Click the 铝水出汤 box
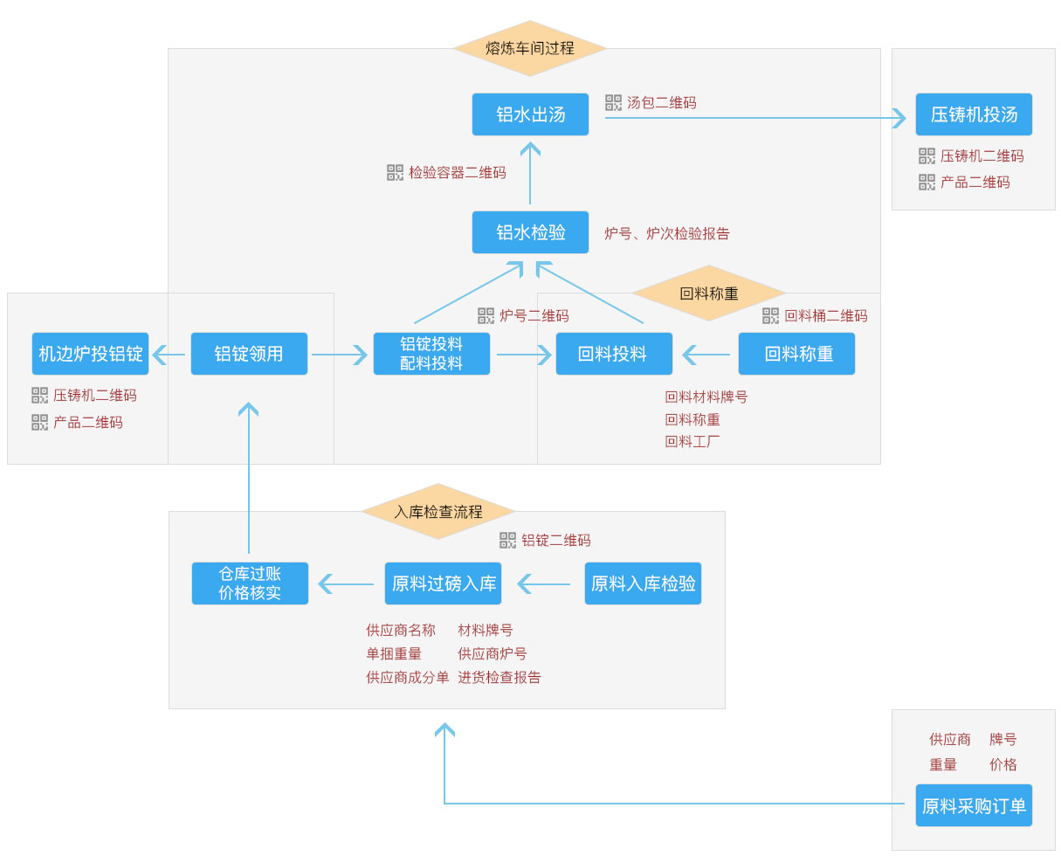530,114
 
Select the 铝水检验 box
530,232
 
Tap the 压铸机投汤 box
974,114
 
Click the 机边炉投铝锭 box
90,354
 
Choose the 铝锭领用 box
249,354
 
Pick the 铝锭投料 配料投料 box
431,354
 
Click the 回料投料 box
614,354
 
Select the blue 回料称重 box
796,354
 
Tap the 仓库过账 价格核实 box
250,583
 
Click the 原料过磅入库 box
443,583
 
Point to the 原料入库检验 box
643,583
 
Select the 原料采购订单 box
974,805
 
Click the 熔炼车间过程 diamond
530,48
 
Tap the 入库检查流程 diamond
438,511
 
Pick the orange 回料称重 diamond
708,293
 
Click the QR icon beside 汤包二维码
613,102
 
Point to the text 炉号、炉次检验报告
667,234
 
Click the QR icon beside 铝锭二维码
507,540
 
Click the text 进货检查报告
499,677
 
